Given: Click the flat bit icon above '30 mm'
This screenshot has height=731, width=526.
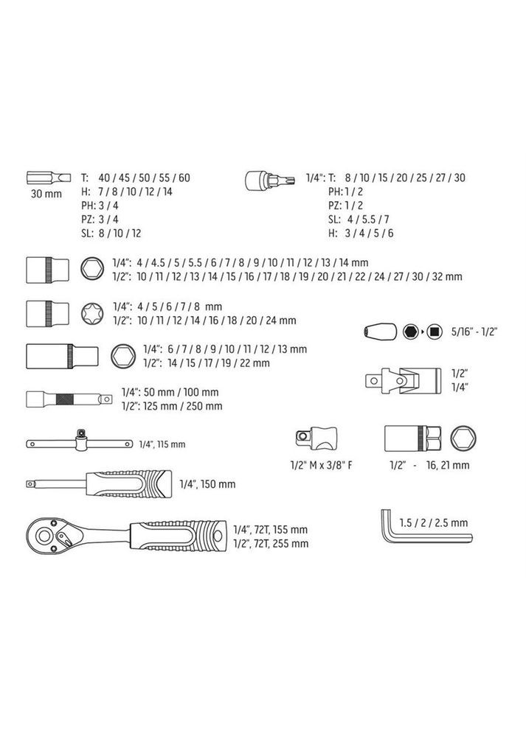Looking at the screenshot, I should pos(43,177).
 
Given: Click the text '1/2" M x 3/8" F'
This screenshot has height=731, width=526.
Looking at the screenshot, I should pos(322,466).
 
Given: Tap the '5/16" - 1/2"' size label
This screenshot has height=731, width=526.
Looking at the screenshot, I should pos(477,332).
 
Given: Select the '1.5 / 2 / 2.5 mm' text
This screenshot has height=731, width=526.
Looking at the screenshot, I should pos(433,522).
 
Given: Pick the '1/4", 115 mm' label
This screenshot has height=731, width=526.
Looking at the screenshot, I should pos(162,444).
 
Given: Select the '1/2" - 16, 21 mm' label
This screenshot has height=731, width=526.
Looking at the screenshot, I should pos(430,466).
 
